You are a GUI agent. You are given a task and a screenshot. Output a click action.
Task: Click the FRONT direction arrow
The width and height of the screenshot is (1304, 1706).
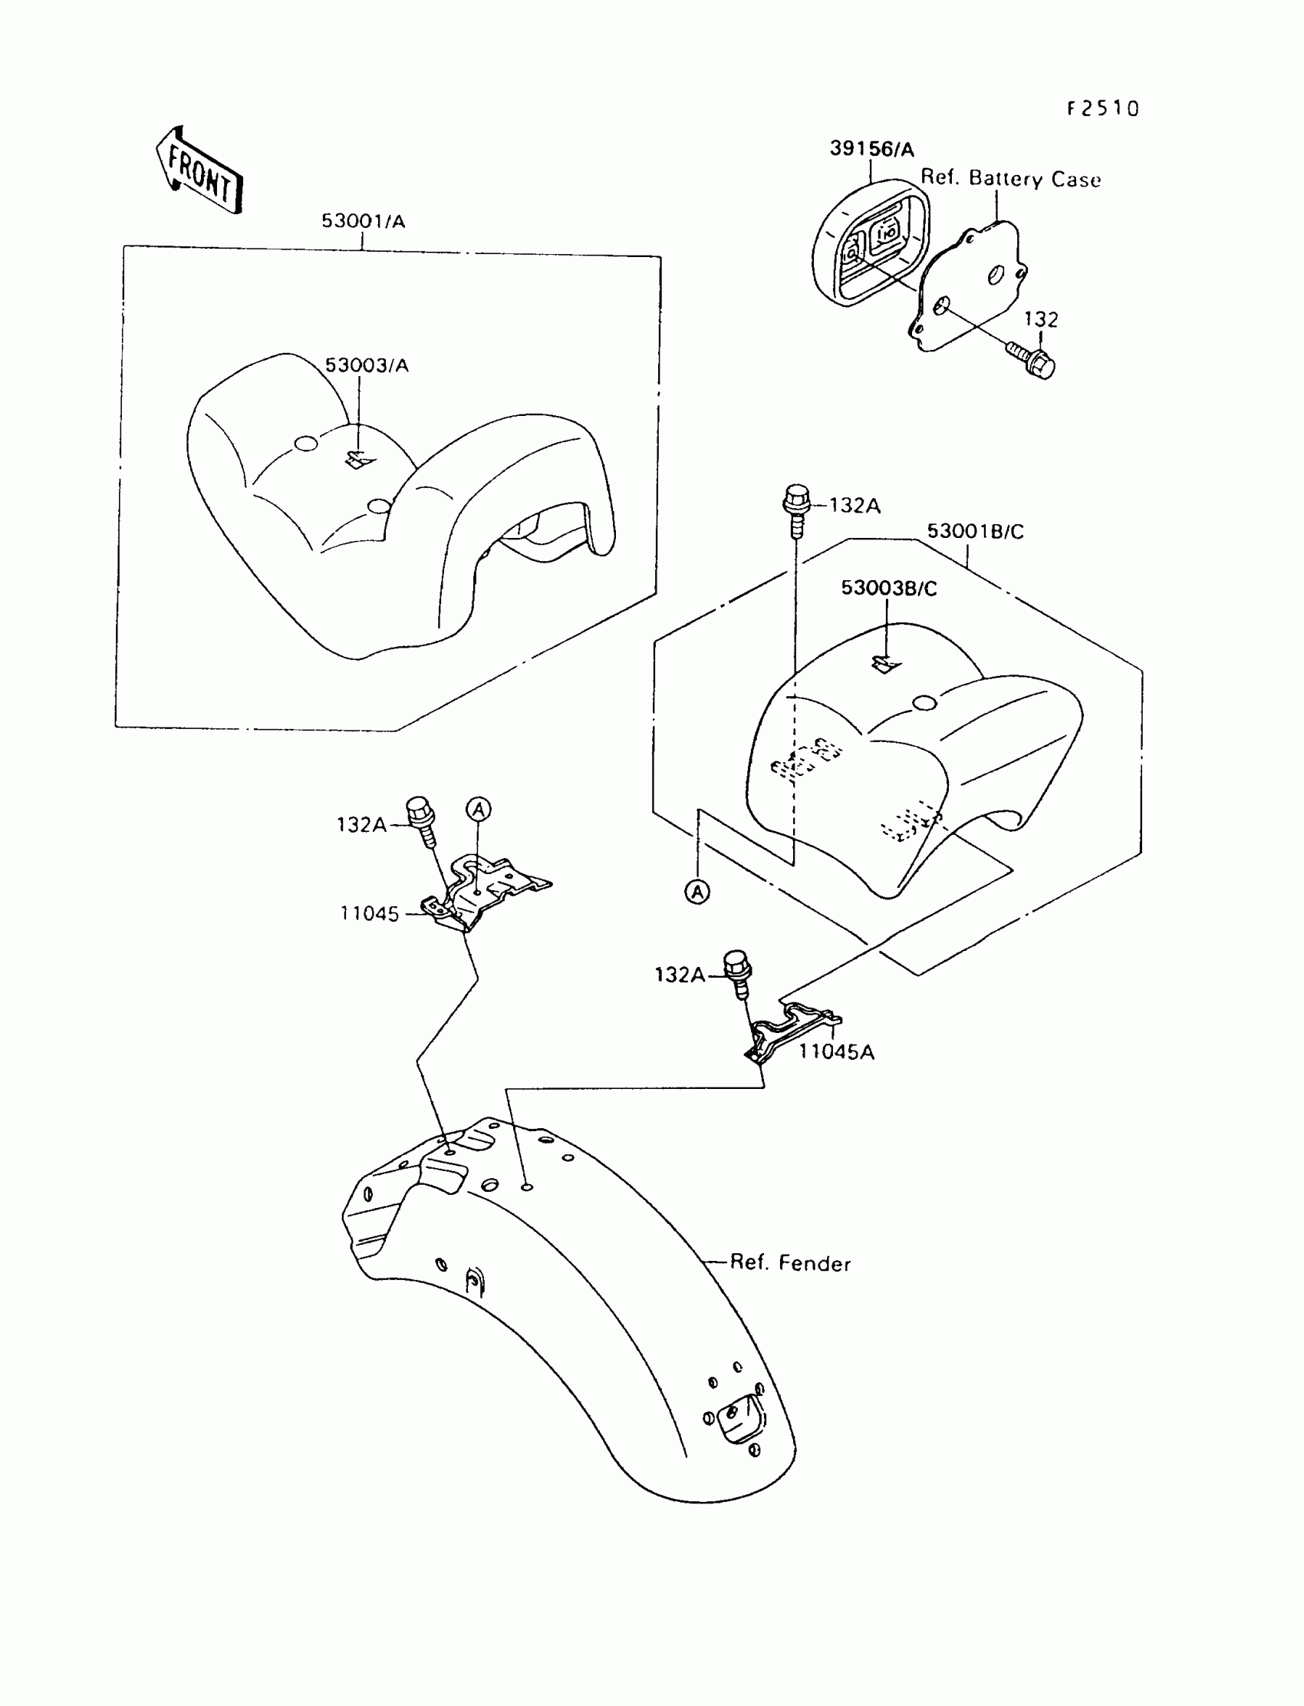pyautogui.click(x=200, y=170)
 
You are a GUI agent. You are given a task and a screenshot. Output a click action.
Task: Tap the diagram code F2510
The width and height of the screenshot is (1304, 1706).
pyautogui.click(x=1102, y=109)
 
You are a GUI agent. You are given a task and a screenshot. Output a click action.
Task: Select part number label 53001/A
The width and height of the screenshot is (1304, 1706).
pyautogui.click(x=364, y=221)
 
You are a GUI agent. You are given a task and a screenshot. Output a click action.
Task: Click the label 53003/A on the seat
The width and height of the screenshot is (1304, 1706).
pyautogui.click(x=367, y=365)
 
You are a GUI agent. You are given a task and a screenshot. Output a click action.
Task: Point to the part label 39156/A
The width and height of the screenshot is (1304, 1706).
pyautogui.click(x=871, y=149)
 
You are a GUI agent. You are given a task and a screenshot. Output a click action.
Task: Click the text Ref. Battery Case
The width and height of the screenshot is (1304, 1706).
pyautogui.click(x=1011, y=179)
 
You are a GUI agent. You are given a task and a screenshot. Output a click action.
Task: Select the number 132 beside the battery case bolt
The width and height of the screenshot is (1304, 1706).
pyautogui.click(x=1041, y=319)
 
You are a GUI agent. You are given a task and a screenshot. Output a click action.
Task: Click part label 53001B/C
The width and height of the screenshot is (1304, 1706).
pyautogui.click(x=975, y=531)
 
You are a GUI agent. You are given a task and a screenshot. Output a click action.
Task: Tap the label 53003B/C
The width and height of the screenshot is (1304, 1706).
pyautogui.click(x=889, y=588)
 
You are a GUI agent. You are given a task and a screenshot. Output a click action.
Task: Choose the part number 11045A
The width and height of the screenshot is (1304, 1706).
pyautogui.click(x=837, y=1052)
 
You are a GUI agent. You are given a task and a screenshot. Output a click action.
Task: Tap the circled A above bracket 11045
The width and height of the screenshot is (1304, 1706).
pyautogui.click(x=479, y=809)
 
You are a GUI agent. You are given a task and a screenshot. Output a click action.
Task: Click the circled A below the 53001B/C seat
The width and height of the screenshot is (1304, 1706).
pyautogui.click(x=698, y=893)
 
